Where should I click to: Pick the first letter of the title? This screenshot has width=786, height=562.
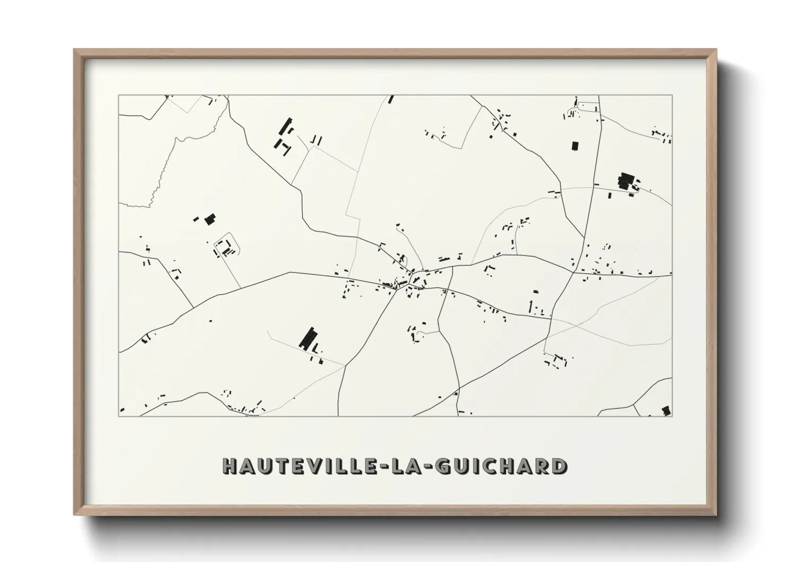tap(229, 466)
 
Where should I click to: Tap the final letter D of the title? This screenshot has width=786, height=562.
tap(559, 466)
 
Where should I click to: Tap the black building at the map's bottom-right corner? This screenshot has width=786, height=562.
tap(666, 410)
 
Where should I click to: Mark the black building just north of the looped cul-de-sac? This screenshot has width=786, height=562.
tap(210, 218)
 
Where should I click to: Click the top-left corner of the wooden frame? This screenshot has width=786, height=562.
tap(75, 50)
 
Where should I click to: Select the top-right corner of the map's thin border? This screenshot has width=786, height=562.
tap(672, 96)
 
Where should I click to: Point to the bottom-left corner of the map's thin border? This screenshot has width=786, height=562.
tap(119, 415)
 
